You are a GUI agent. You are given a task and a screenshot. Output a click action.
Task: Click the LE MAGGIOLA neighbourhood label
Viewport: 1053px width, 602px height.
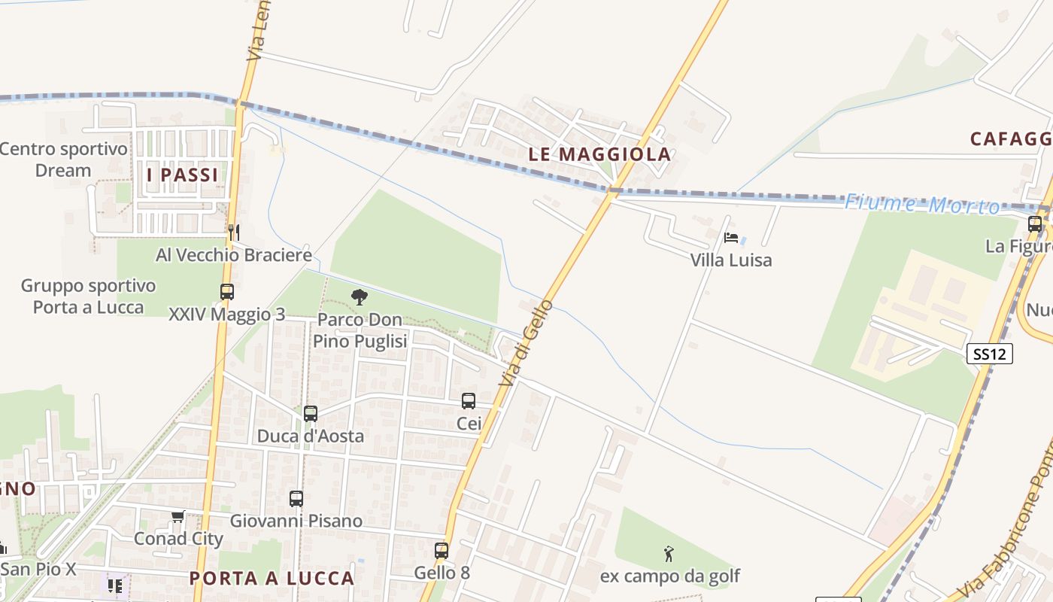[x=599, y=154]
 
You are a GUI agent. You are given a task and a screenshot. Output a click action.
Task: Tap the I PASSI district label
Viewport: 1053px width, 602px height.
[x=182, y=175]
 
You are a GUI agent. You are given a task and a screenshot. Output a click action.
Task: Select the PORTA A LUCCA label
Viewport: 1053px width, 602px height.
[x=272, y=578]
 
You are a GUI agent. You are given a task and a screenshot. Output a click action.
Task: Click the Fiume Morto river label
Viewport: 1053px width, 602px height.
[x=922, y=204]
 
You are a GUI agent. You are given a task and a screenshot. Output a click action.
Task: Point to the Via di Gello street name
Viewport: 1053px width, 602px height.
[x=526, y=343]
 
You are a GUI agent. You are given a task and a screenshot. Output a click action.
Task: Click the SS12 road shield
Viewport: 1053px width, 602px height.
[x=989, y=354]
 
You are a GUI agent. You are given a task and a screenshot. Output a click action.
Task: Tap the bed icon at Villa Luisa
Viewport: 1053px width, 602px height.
[x=730, y=238]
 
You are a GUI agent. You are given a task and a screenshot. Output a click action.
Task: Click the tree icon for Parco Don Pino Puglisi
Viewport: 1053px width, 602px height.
[x=360, y=297]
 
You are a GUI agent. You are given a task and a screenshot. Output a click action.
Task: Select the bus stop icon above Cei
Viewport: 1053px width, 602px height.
[x=469, y=401]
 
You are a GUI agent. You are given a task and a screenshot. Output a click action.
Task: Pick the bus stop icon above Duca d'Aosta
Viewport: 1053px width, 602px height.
[x=311, y=413]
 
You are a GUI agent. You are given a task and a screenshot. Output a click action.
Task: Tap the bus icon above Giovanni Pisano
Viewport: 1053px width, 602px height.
[x=296, y=498]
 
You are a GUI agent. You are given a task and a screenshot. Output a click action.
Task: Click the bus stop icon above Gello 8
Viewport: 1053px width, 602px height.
[x=442, y=550]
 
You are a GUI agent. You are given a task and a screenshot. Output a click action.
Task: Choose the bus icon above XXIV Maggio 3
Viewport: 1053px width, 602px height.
[x=226, y=292]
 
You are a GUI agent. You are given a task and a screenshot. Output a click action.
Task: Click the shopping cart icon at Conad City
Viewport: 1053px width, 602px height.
[x=178, y=516]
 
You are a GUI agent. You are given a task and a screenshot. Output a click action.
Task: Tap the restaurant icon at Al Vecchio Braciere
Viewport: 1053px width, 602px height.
[x=234, y=232]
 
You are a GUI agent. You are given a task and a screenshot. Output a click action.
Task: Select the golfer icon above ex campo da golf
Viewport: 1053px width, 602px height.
[x=669, y=555]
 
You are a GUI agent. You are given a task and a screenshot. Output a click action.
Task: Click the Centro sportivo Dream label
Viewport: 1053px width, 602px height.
[x=63, y=160]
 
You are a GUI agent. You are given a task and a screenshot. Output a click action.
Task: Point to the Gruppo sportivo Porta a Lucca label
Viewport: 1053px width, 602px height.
[x=88, y=296]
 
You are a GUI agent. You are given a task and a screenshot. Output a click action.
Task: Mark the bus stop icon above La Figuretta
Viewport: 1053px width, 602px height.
[x=1035, y=223]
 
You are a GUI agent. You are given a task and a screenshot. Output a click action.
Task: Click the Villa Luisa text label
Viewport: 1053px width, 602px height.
[x=731, y=260]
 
